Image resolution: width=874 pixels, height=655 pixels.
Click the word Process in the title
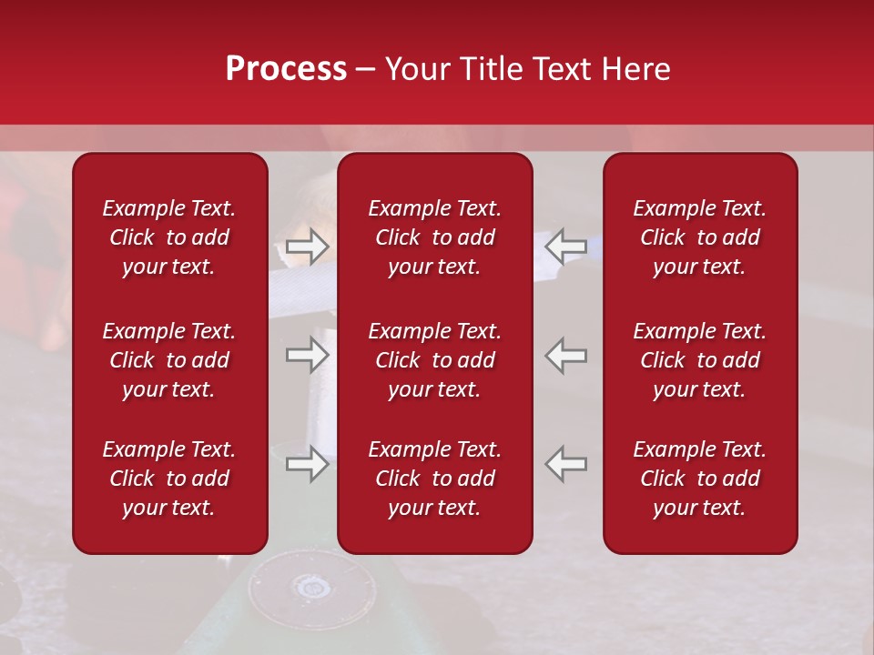286,69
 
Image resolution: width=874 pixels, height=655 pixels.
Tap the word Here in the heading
636,69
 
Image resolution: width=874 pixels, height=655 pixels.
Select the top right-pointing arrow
307,247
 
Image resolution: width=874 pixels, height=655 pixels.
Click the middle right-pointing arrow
307,355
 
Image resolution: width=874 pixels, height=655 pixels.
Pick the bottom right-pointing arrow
307,464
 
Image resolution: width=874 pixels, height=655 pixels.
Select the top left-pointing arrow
566,247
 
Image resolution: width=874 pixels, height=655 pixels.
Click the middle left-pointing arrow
566,355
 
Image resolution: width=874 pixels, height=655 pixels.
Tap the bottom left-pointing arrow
566,464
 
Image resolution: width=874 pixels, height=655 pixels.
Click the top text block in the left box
169,237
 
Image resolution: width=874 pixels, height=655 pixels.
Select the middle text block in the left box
169,360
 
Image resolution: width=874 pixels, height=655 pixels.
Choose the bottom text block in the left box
169,479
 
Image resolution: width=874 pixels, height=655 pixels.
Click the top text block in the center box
434,237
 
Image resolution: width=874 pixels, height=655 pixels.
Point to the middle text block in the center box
434,360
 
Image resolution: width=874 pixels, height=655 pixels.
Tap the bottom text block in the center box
434,479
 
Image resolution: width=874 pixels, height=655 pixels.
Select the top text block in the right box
699,237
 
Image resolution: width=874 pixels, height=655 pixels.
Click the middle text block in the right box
699,360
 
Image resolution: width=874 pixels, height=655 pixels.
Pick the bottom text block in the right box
699,479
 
